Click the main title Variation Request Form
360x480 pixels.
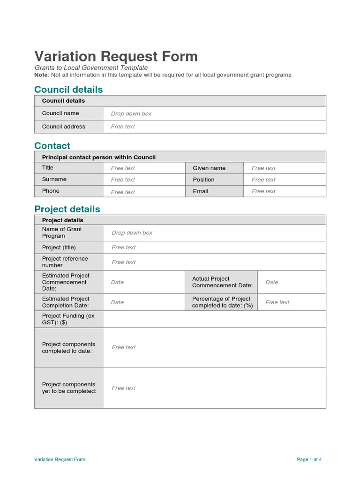click(x=116, y=57)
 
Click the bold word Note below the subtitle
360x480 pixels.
click(x=41, y=75)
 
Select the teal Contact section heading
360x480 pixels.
click(x=52, y=146)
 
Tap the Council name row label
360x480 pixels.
click(x=60, y=113)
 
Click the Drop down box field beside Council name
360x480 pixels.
click(x=131, y=114)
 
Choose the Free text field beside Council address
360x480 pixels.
click(x=123, y=127)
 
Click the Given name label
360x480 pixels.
click(x=209, y=168)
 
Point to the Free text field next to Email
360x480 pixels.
click(x=263, y=191)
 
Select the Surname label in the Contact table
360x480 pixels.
click(x=54, y=180)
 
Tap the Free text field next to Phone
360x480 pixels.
click(x=123, y=192)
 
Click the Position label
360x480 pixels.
click(x=203, y=180)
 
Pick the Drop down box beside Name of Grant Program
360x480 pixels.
click(x=132, y=233)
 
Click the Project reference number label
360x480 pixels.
click(x=65, y=262)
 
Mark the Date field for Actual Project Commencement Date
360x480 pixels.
click(x=272, y=282)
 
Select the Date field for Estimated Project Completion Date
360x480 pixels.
click(x=117, y=302)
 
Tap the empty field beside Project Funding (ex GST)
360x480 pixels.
click(x=214, y=319)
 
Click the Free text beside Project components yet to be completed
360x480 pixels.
click(x=124, y=388)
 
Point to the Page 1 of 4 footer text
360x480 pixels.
click(x=309, y=460)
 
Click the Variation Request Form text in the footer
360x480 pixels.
click(x=60, y=460)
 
